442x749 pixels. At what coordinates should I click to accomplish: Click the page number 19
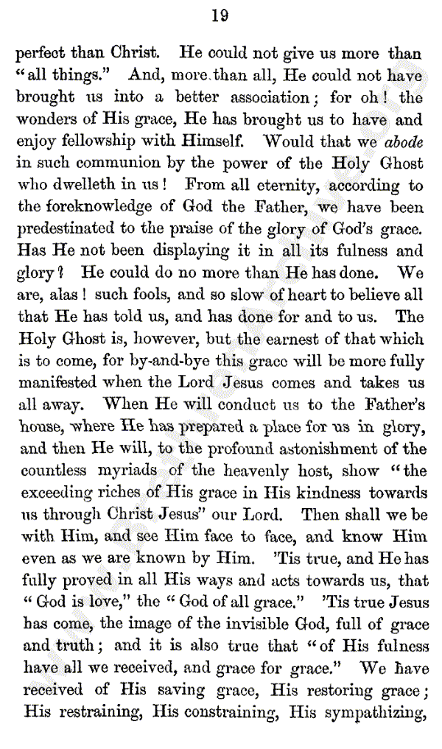(x=220, y=15)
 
